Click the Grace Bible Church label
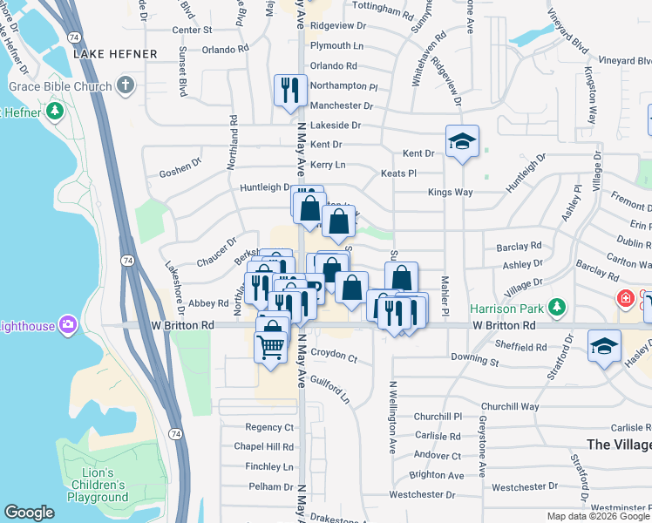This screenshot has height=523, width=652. pyautogui.click(x=60, y=86)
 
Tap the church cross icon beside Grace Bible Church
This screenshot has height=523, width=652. pyautogui.click(x=126, y=86)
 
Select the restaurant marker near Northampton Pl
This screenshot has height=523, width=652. pyautogui.click(x=289, y=90)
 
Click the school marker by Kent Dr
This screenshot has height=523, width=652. pyautogui.click(x=462, y=141)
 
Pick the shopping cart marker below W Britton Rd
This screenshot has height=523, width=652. pyautogui.click(x=270, y=346)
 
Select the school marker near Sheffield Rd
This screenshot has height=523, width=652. pyautogui.click(x=604, y=346)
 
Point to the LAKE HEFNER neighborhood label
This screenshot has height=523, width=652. pyautogui.click(x=116, y=54)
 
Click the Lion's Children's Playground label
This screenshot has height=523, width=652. pyautogui.click(x=98, y=485)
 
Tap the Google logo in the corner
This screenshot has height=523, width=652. pyautogui.click(x=29, y=513)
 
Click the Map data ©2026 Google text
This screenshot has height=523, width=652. pyautogui.click(x=597, y=516)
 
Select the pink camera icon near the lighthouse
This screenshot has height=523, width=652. pyautogui.click(x=68, y=325)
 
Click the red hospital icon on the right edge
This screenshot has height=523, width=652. pyautogui.click(x=625, y=300)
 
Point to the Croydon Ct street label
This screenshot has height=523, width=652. pyautogui.click(x=334, y=358)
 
